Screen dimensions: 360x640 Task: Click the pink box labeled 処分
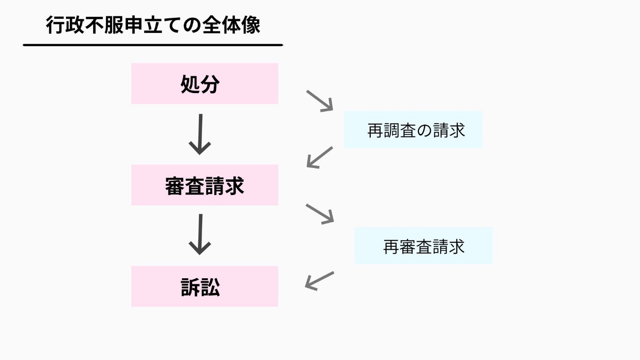(x=204, y=84)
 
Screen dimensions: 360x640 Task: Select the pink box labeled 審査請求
(x=204, y=185)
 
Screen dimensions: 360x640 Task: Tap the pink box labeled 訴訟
(x=204, y=287)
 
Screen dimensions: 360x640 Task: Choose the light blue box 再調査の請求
(x=413, y=130)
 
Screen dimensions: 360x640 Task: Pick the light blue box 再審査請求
(x=423, y=246)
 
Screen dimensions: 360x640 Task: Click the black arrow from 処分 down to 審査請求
(x=200, y=134)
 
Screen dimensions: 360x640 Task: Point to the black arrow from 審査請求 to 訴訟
(x=200, y=234)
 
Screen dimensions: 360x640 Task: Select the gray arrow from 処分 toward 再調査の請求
(x=320, y=100)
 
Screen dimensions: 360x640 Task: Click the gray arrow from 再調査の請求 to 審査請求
(x=320, y=157)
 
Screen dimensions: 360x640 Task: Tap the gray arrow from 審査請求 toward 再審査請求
(x=320, y=214)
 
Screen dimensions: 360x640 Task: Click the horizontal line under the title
(x=153, y=45)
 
